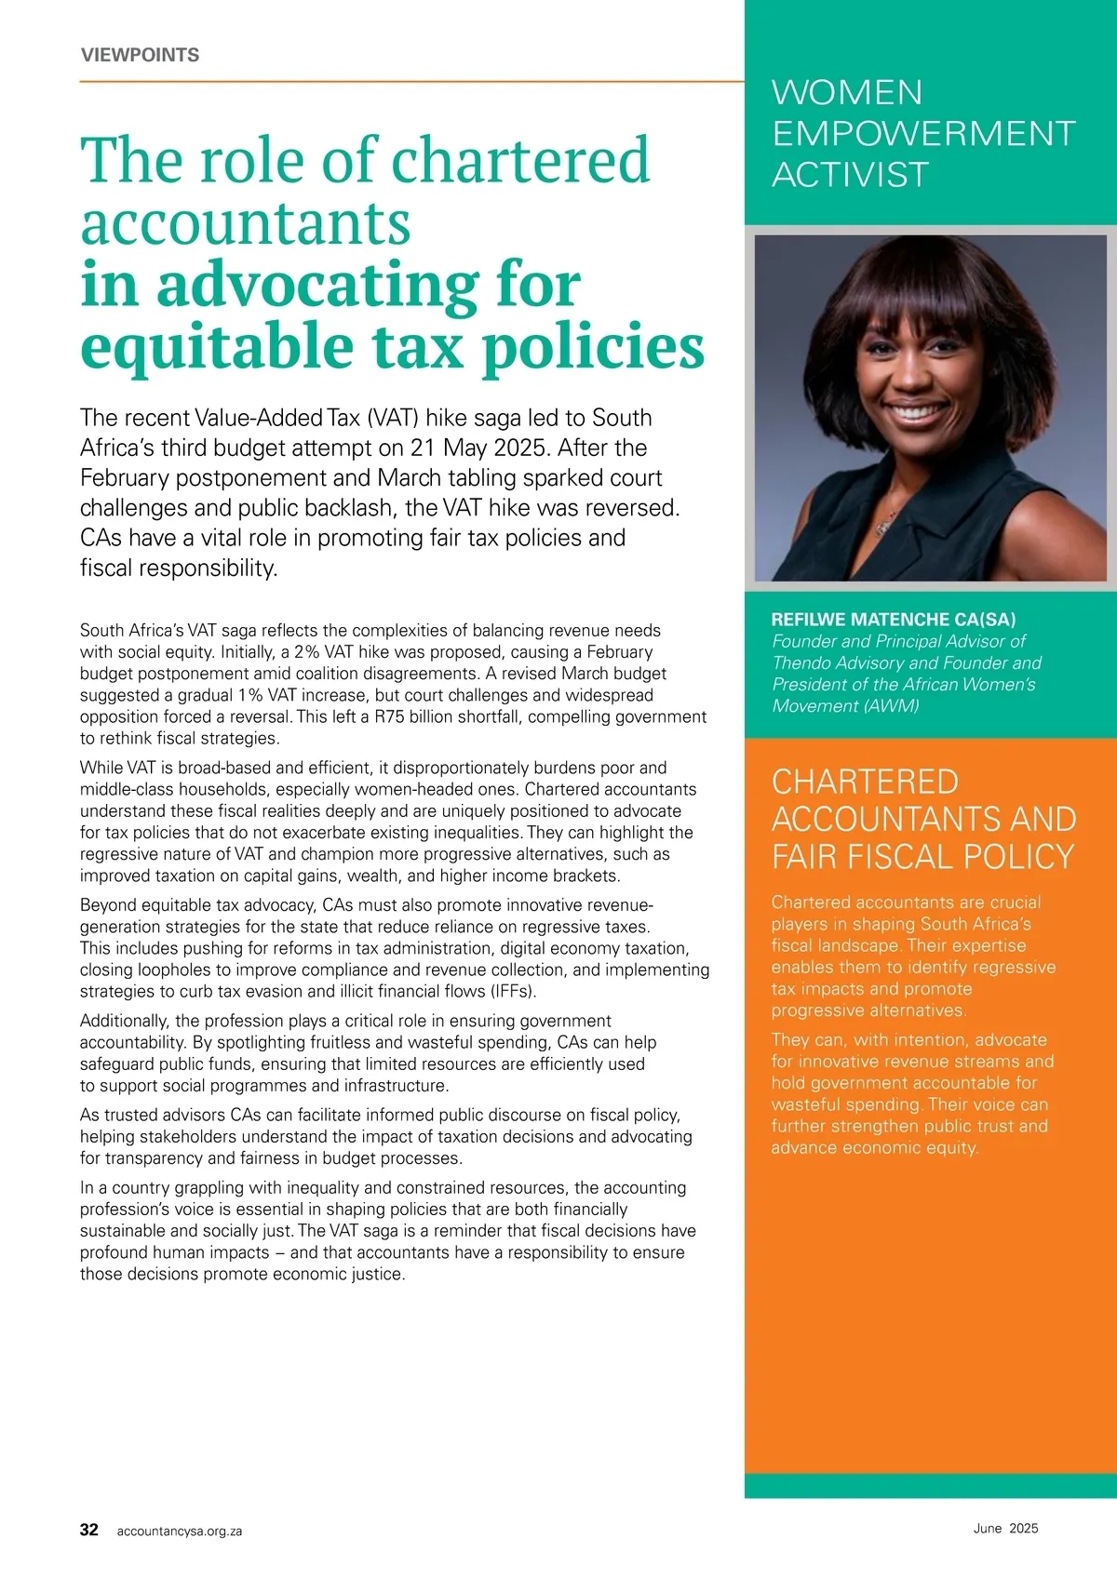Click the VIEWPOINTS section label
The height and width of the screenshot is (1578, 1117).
click(140, 55)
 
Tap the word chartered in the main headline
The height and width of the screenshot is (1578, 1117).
click(520, 160)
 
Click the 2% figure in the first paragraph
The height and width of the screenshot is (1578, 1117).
click(307, 652)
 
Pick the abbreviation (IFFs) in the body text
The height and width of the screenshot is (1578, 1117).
click(513, 991)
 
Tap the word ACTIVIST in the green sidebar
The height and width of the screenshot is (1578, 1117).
click(850, 175)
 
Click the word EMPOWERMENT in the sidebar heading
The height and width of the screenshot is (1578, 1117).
click(923, 134)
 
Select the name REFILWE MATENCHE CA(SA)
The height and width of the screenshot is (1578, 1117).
click(894, 620)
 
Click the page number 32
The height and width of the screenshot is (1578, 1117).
click(89, 1530)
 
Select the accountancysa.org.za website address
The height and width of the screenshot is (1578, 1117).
click(180, 1531)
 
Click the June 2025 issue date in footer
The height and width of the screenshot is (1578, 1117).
click(1005, 1528)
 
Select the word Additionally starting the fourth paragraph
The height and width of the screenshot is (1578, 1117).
click(125, 1021)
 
